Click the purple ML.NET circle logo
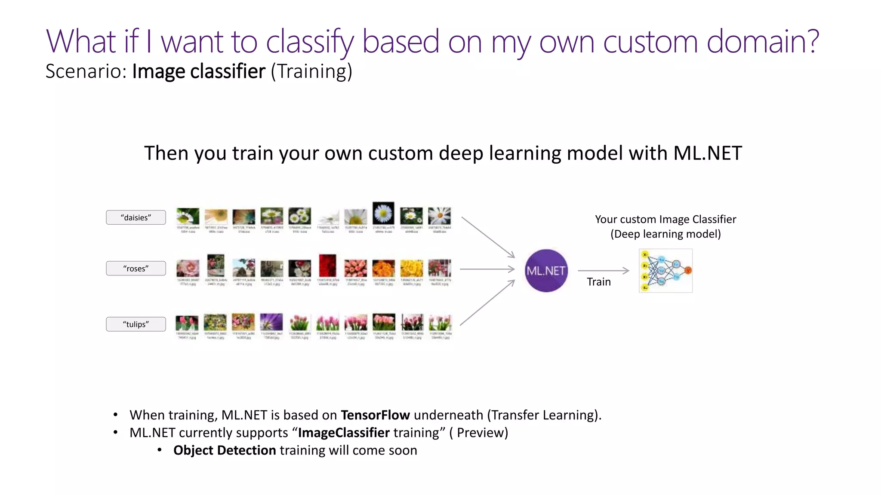[x=546, y=271]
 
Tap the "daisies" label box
[x=136, y=217]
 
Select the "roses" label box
[x=136, y=269]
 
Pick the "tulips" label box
[x=136, y=324]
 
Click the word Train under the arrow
[x=598, y=282]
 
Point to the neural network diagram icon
[x=665, y=271]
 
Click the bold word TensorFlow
[x=375, y=415]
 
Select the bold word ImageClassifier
[x=344, y=433]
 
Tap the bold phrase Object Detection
[x=225, y=450]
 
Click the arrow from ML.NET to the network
[x=603, y=271]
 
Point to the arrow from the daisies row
[x=488, y=237]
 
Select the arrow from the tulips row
[x=487, y=302]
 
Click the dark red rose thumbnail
[x=327, y=266]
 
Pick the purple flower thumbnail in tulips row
[x=271, y=322]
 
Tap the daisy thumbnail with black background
[x=383, y=212]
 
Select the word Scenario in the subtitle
[x=86, y=71]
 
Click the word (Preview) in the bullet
[x=478, y=433]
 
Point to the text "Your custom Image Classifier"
[x=665, y=220]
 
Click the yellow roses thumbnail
[x=412, y=268]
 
